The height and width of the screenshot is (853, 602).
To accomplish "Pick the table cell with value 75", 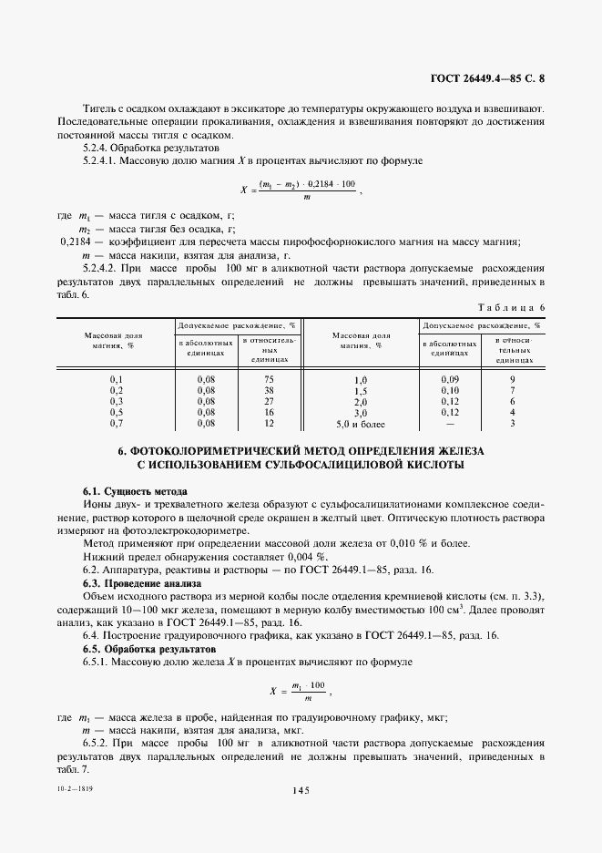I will tap(269, 378).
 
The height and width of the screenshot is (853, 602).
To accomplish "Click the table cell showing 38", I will tap(269, 390).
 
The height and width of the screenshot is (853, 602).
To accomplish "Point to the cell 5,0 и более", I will tap(361, 424).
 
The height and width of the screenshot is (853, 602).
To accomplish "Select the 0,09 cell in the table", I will tap(449, 379).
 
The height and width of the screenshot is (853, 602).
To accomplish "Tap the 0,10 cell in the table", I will tap(449, 390).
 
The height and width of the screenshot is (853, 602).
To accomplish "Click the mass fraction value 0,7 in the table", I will tap(117, 423).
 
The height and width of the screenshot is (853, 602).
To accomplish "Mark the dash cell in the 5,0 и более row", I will tap(449, 424).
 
